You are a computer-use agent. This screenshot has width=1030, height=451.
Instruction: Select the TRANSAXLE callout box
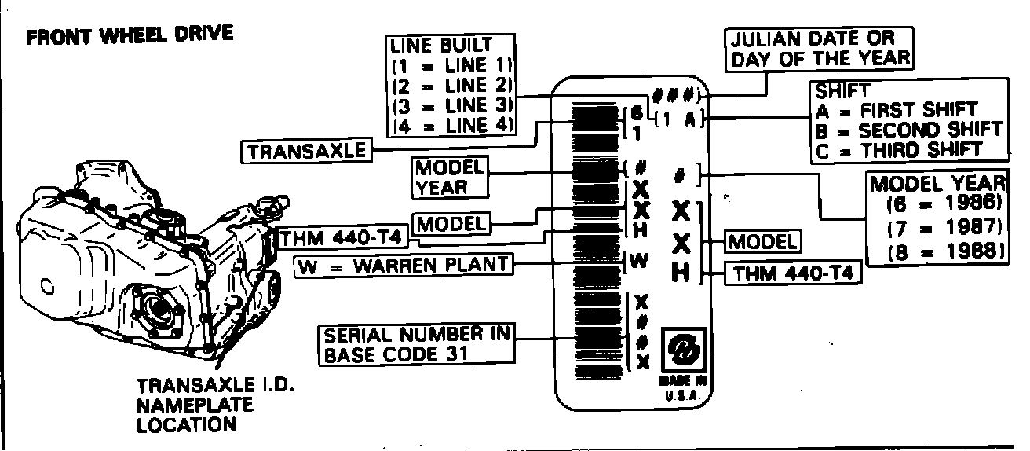307,151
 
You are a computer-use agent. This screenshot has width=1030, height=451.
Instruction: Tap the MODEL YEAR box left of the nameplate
448,177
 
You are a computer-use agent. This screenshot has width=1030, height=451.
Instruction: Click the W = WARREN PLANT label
402,265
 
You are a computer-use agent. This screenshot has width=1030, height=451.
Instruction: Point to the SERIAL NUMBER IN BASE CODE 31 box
417,344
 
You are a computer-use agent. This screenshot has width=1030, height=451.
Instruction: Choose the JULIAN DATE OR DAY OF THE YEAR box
821,48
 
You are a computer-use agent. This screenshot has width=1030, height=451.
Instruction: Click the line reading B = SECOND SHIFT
908,129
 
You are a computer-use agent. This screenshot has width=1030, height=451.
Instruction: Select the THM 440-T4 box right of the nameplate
793,273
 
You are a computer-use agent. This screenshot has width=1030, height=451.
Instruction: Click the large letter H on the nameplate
681,273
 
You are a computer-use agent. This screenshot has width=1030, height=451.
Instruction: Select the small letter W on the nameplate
641,261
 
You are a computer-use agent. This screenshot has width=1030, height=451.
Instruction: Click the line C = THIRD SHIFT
899,149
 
